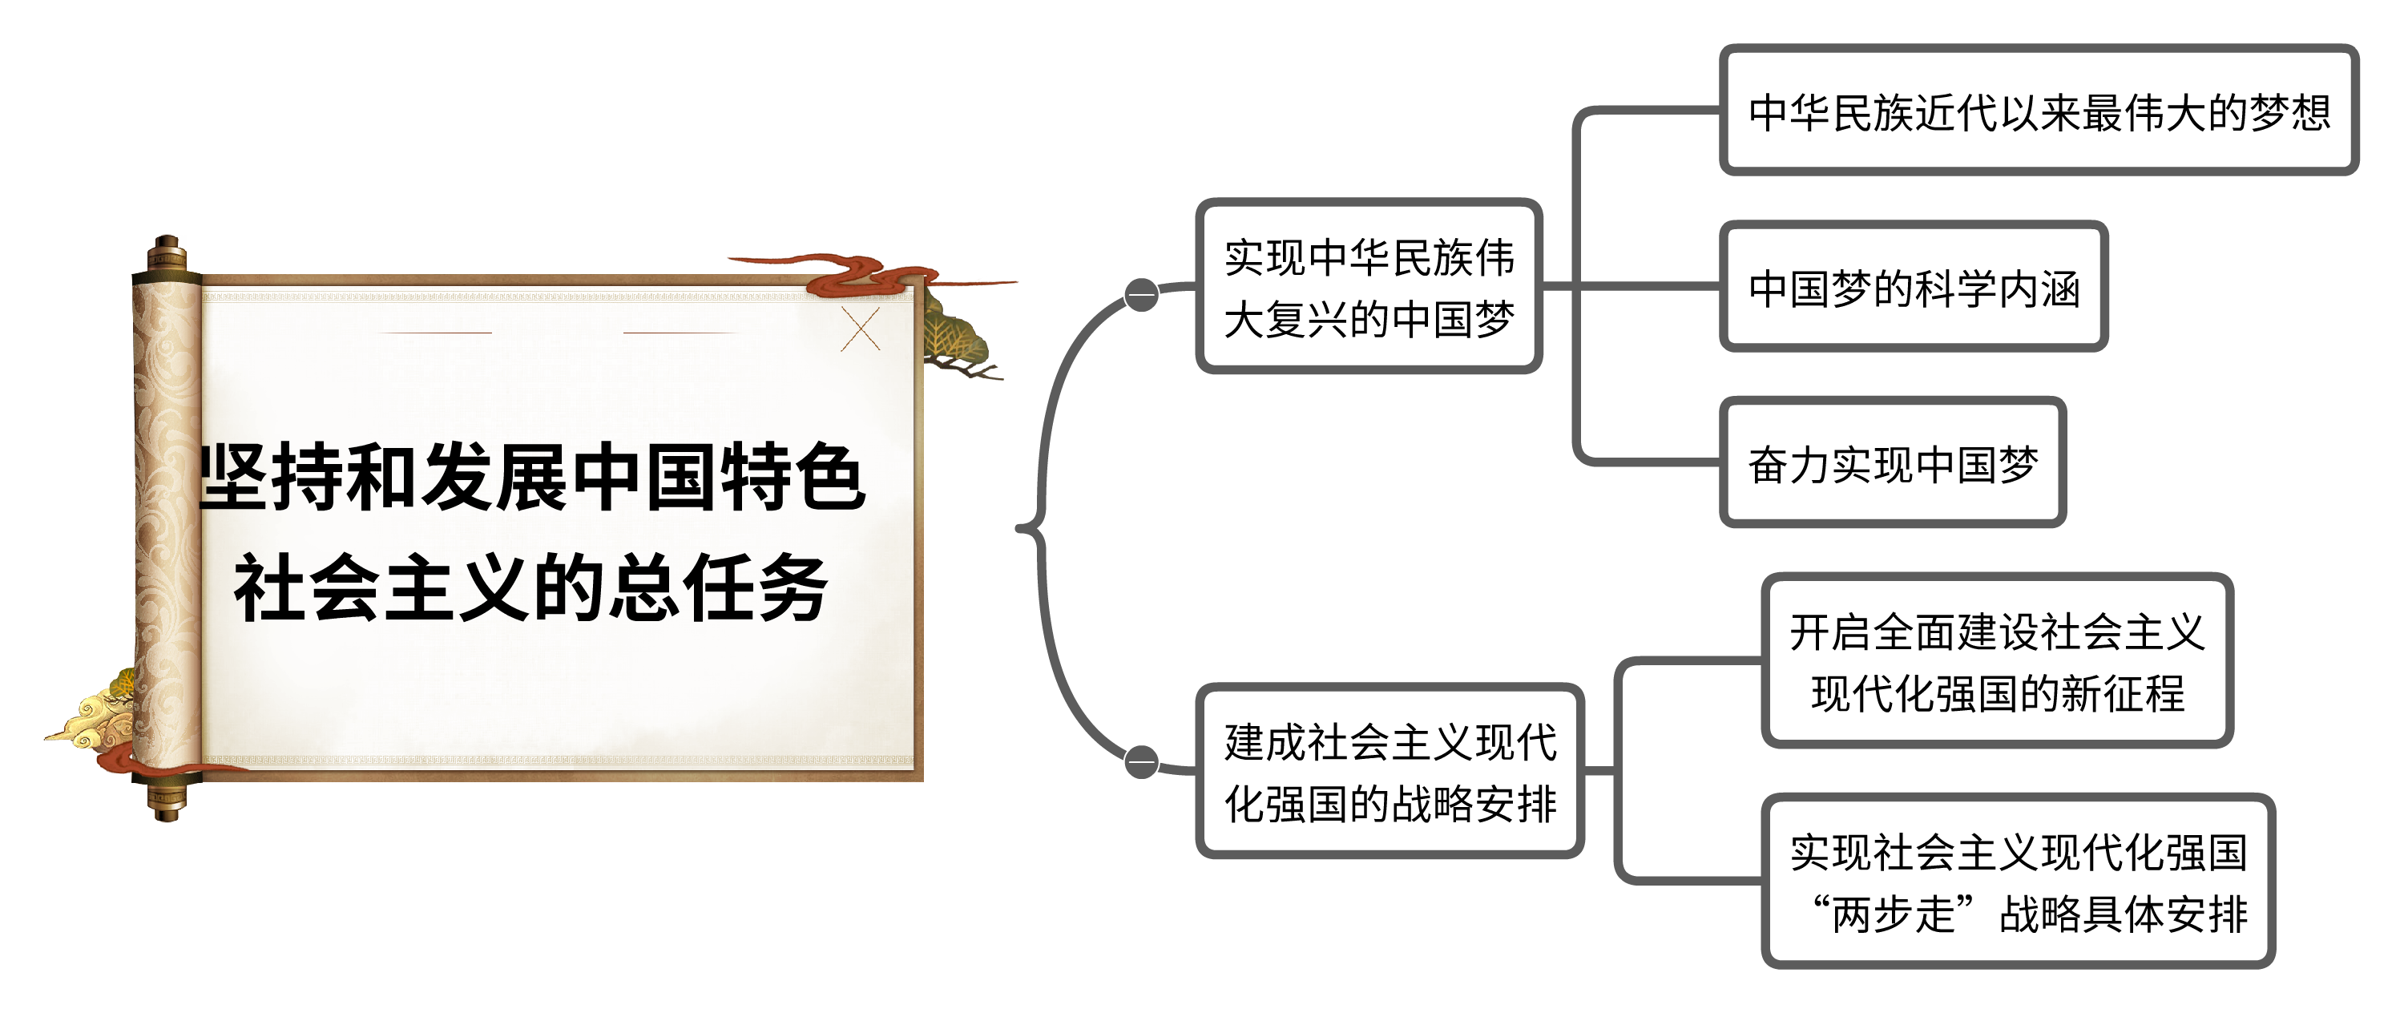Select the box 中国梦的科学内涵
1913,287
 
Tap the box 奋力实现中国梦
1892,463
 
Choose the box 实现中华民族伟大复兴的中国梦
1368,287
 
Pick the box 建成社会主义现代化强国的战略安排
1390,771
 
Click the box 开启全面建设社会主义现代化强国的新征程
1996,661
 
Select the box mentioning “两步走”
2018,882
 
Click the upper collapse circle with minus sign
1141,294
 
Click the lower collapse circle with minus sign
1141,762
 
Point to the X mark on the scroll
860,328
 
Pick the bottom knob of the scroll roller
166,803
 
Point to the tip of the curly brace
1019,528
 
